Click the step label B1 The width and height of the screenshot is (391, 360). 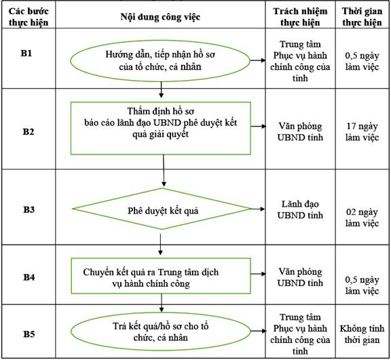(x=26, y=54)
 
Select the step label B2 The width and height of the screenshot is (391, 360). (x=29, y=132)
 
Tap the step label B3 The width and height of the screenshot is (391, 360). (x=29, y=209)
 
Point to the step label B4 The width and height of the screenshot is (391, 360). (x=29, y=277)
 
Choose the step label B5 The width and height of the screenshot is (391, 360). (x=29, y=334)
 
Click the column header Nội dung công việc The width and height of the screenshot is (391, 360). (x=160, y=17)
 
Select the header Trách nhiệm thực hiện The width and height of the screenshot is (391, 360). (x=300, y=17)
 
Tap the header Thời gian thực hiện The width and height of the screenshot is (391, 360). (x=362, y=17)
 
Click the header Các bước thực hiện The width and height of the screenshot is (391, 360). (x=29, y=17)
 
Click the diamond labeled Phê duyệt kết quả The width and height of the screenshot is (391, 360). (x=162, y=209)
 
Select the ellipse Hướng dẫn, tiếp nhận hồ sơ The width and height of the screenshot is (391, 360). (x=160, y=61)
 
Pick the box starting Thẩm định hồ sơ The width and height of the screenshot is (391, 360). (x=161, y=128)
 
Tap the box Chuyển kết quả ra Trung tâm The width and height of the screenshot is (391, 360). (x=161, y=276)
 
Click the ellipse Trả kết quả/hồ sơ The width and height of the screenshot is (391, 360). (x=161, y=332)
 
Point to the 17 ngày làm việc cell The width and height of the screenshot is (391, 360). (x=362, y=132)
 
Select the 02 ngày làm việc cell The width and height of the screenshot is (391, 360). (x=362, y=218)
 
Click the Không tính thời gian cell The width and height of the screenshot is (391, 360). (x=362, y=334)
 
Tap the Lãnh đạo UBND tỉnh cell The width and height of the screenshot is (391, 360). (x=300, y=209)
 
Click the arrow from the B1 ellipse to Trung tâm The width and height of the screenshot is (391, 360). (x=258, y=60)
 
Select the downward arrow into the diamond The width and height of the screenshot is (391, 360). (x=164, y=171)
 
